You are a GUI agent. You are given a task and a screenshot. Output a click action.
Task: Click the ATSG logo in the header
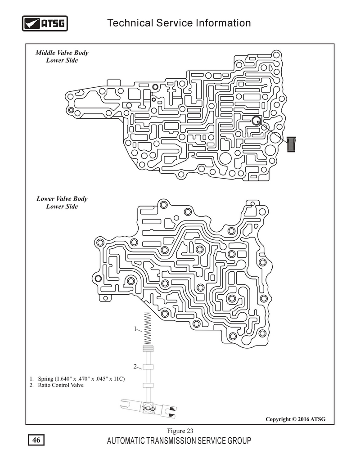tap(45, 23)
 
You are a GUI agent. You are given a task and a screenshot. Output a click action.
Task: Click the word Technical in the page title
tap(130, 23)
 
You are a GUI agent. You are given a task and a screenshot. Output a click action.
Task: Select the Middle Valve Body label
tap(62, 53)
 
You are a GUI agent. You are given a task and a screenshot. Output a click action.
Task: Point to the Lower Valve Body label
tap(62, 199)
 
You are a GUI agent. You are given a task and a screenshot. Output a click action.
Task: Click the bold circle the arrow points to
tap(256, 120)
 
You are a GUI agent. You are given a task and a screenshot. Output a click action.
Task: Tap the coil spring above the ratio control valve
tap(147, 329)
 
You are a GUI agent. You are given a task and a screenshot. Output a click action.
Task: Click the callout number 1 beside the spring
tap(135, 328)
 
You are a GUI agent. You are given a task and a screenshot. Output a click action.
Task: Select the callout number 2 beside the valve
tap(135, 366)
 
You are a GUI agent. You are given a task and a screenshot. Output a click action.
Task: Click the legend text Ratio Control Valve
tap(61, 385)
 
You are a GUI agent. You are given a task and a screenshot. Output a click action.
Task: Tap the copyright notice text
tap(295, 419)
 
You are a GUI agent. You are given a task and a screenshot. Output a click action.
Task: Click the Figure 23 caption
tap(180, 431)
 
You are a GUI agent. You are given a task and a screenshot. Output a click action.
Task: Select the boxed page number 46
tap(36, 440)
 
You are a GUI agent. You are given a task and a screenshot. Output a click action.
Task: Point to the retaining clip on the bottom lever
tap(148, 409)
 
